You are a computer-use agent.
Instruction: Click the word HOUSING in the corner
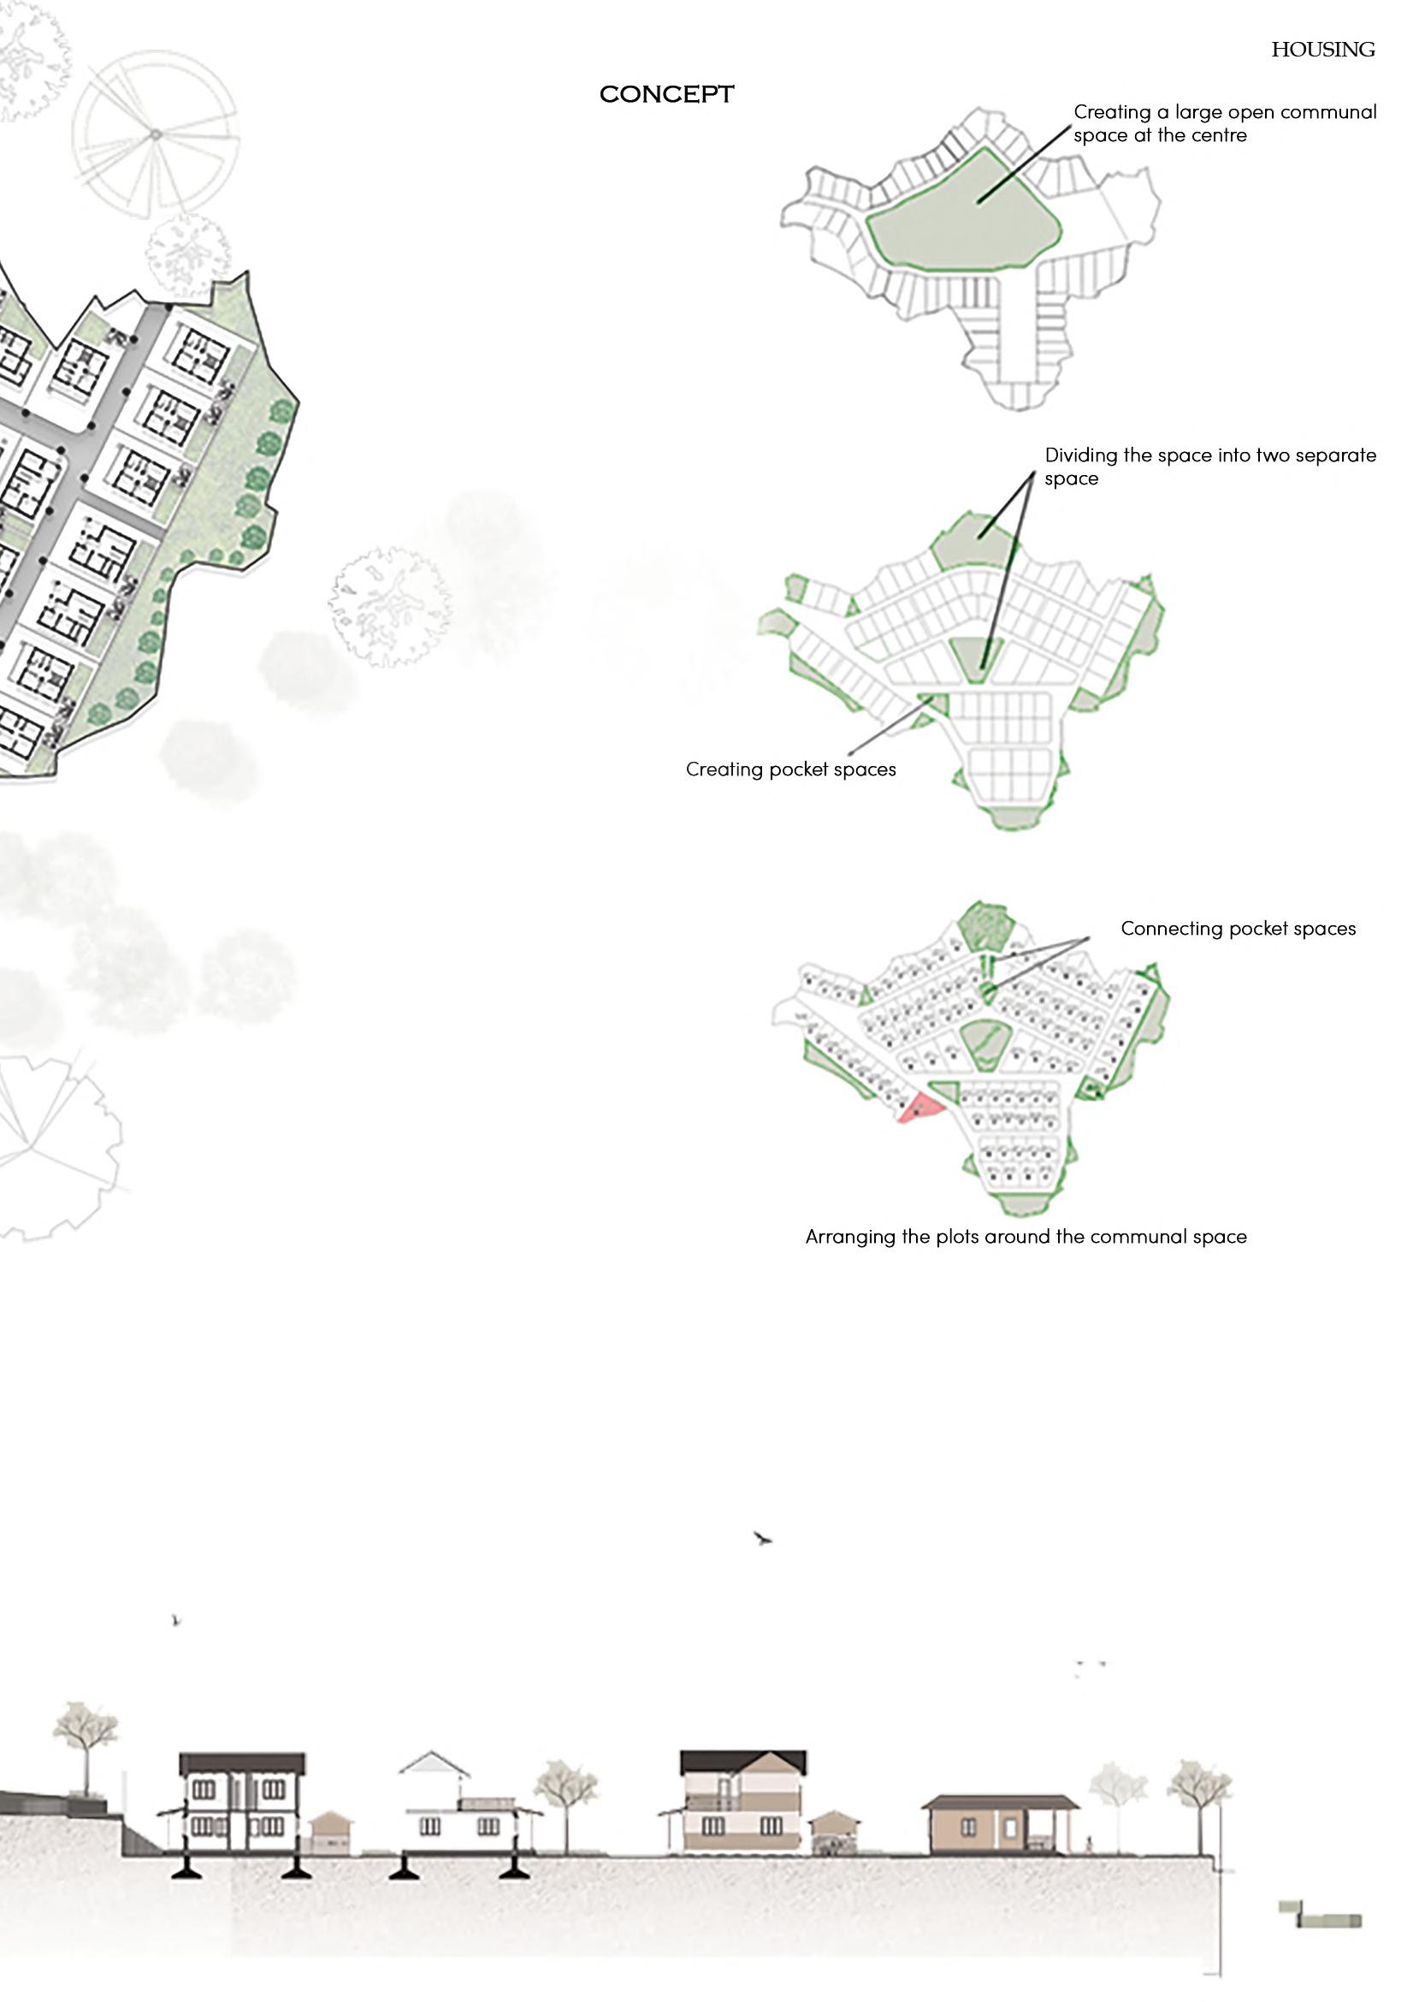click(1322, 50)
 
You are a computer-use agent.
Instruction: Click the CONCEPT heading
click(665, 94)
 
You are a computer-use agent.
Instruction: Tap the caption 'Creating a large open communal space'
click(1224, 123)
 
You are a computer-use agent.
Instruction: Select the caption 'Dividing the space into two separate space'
click(1209, 466)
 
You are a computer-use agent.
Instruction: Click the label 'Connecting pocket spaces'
click(1238, 928)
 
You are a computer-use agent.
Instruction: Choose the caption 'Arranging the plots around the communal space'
click(1025, 1236)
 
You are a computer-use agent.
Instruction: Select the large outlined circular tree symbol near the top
click(154, 134)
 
